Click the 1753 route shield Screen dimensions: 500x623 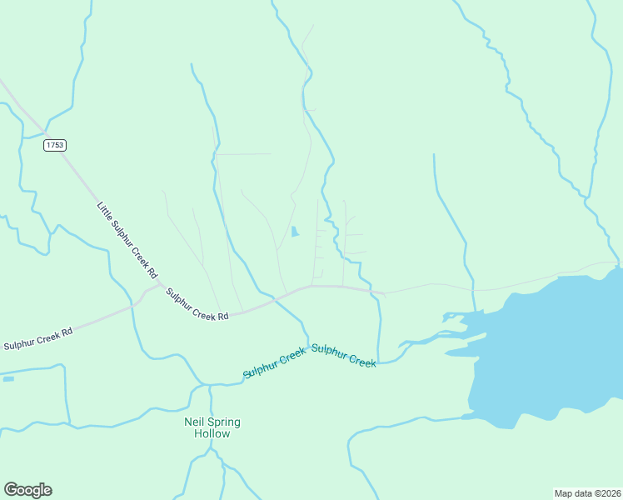55,145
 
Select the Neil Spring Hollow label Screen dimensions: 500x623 212,427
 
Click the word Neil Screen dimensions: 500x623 193,422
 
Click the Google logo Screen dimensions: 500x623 27,490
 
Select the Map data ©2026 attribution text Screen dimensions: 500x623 587,492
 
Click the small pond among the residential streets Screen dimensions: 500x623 294,232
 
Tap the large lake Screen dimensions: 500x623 550,350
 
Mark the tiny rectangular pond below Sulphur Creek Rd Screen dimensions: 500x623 8,379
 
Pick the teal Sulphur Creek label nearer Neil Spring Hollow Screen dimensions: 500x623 275,365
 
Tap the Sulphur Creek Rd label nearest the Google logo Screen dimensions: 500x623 38,338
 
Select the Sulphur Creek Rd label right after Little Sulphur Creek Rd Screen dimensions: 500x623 197,305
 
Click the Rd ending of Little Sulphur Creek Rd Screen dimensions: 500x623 152,272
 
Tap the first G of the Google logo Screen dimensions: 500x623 10,489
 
